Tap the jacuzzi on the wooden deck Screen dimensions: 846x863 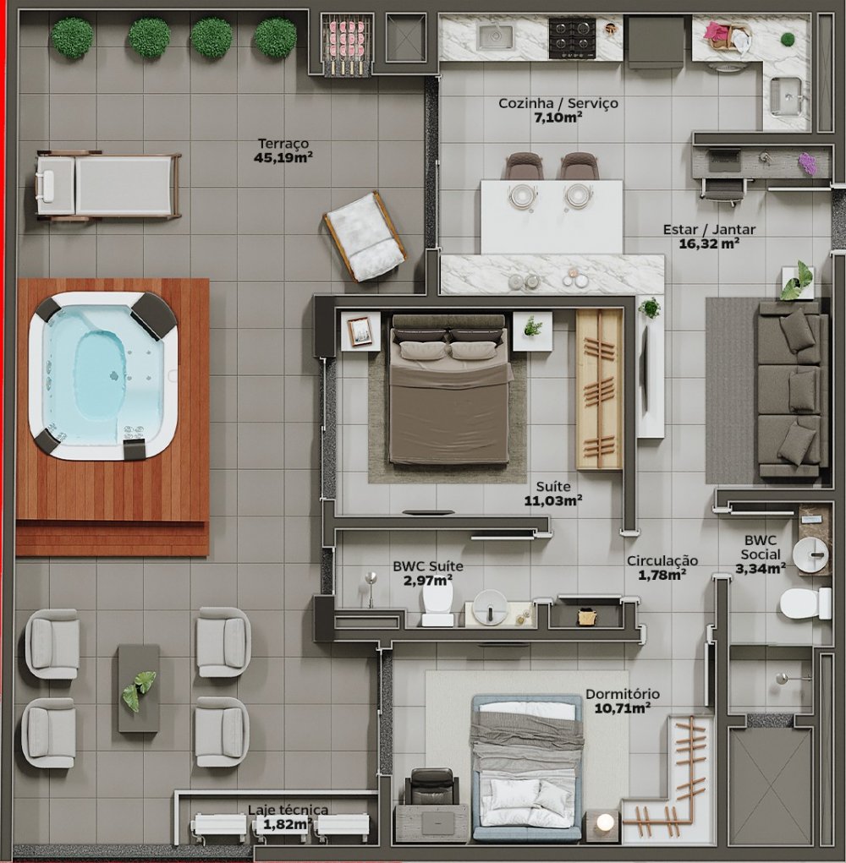103,376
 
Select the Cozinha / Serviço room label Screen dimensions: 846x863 558,103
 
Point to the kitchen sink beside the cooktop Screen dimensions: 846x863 495,36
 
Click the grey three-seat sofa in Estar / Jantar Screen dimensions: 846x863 793,388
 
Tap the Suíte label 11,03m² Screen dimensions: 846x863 553,494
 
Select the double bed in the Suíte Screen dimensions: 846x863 449,388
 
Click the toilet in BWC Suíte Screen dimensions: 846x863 437,603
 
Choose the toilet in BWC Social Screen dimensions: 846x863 805,604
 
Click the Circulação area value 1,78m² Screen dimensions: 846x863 662,575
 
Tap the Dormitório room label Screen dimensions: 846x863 623,694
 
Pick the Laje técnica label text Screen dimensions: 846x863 288,810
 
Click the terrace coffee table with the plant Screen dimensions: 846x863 139,689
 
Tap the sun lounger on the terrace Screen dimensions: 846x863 108,185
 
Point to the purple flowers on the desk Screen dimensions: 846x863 806,163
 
